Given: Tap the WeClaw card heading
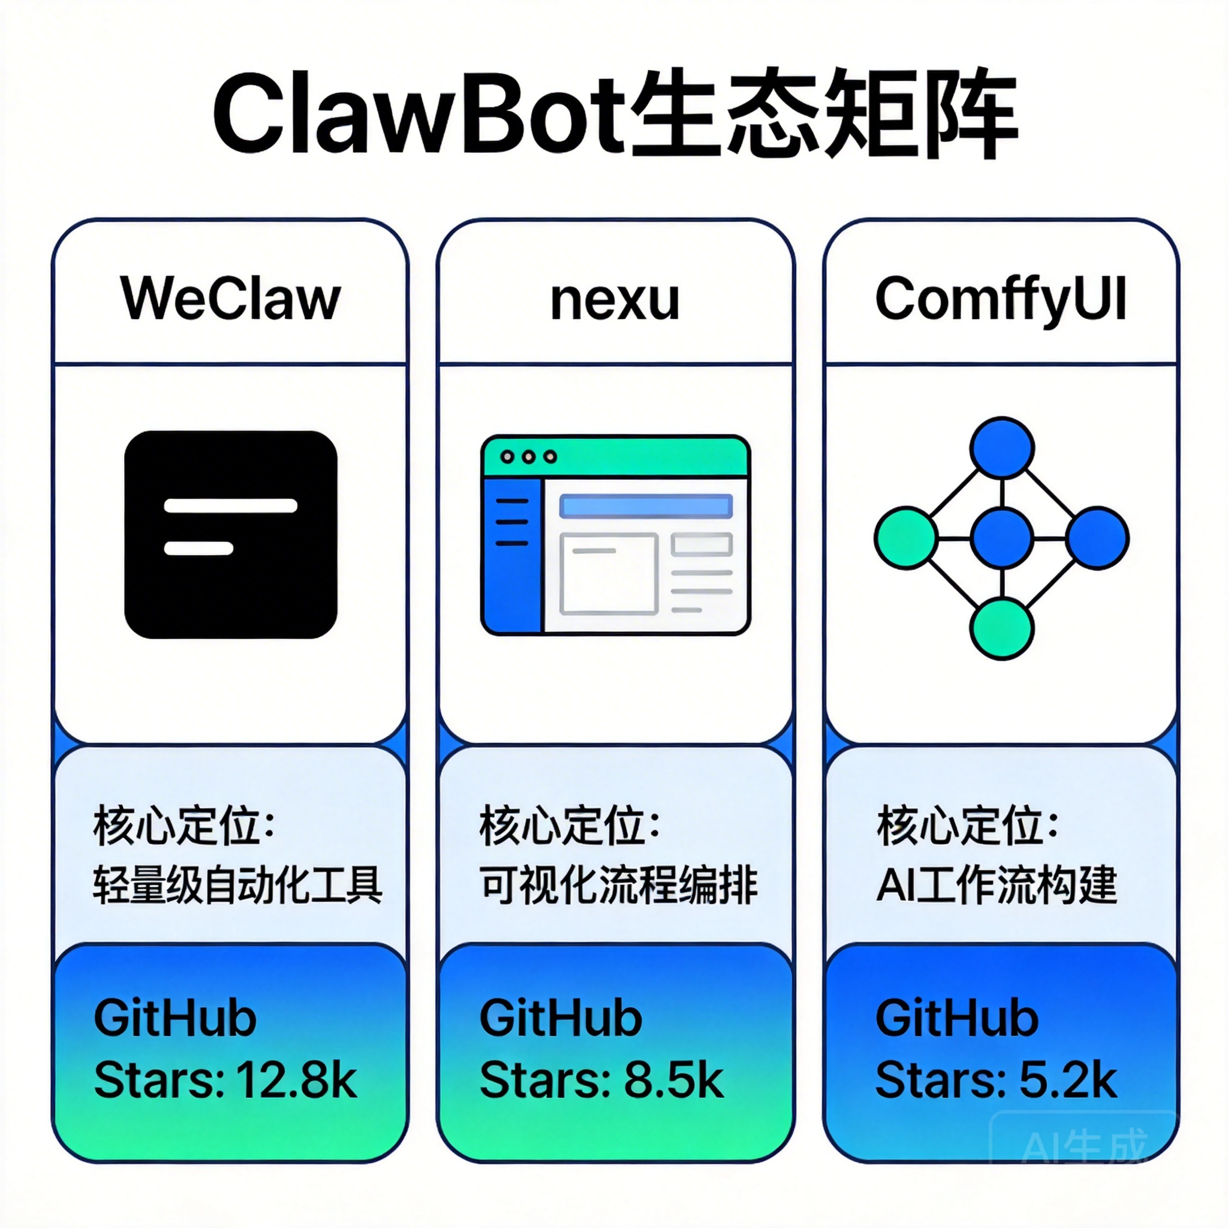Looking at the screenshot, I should pos(230,299).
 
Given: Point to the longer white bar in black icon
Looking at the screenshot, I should pos(230,506).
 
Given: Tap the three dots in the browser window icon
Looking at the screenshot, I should pos(528,457).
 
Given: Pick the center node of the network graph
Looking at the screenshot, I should pos(1002,538).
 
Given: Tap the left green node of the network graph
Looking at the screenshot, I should pos(906,538).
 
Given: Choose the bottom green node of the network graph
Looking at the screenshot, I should pos(1002,628).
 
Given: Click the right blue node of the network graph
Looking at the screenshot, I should pos(1097,538).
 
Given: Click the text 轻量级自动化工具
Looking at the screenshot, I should pos(237,885).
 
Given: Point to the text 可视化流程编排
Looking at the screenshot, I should pos(618,885).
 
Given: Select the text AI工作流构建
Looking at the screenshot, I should pos(996,885).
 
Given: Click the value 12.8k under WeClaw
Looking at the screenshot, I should pos(296,1080).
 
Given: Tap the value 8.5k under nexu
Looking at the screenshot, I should pos(674,1080).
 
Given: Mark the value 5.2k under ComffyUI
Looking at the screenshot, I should pos(1068,1080).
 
